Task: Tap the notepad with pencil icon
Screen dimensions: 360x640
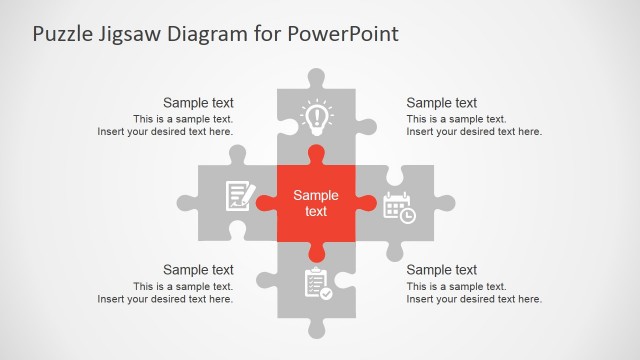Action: click(x=238, y=194)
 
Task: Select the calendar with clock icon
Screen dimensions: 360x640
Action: click(x=399, y=207)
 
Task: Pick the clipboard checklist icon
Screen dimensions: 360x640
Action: click(x=316, y=283)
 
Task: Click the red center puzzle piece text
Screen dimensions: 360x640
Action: click(x=316, y=203)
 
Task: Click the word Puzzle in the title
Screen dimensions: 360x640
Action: click(x=63, y=34)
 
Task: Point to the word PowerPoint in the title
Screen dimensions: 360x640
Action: click(x=344, y=34)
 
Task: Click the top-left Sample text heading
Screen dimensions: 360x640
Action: click(x=198, y=102)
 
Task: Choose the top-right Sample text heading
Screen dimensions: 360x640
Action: click(x=441, y=102)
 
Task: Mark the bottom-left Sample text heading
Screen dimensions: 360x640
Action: click(x=198, y=269)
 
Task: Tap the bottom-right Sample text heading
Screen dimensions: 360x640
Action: click(x=441, y=269)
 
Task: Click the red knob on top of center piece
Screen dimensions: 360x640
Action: click(x=316, y=154)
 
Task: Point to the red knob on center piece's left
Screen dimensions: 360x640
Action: click(x=265, y=203)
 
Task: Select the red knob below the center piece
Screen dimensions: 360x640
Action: click(x=316, y=251)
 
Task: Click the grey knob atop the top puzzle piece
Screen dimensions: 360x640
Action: click(x=316, y=76)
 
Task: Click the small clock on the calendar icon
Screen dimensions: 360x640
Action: click(x=408, y=215)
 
